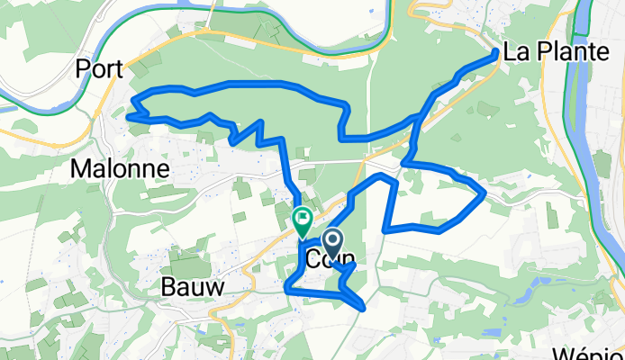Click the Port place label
(x=98, y=69)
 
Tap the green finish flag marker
(x=303, y=217)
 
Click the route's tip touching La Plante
(x=496, y=54)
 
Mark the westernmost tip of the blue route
(x=129, y=115)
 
